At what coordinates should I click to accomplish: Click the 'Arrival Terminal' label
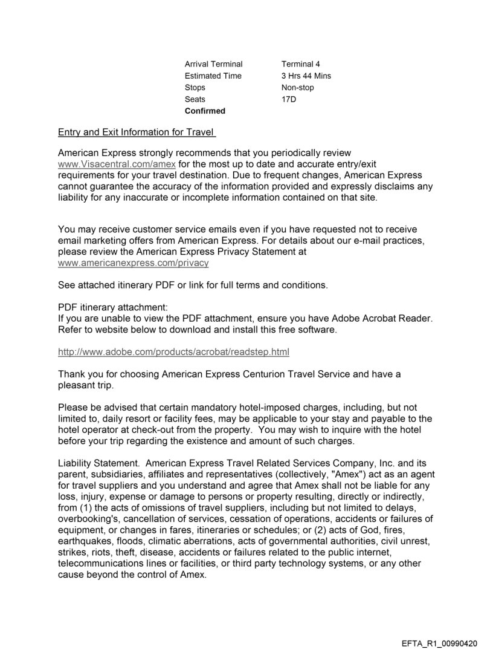[x=213, y=64]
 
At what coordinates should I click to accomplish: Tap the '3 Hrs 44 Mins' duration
[x=306, y=76]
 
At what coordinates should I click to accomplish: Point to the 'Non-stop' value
[x=297, y=88]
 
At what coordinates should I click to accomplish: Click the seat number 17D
[x=288, y=99]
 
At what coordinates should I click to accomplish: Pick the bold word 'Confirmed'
[x=205, y=111]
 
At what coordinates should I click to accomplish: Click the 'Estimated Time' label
[x=213, y=76]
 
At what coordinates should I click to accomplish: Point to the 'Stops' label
[x=195, y=88]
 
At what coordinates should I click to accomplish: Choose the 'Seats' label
[x=195, y=99]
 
